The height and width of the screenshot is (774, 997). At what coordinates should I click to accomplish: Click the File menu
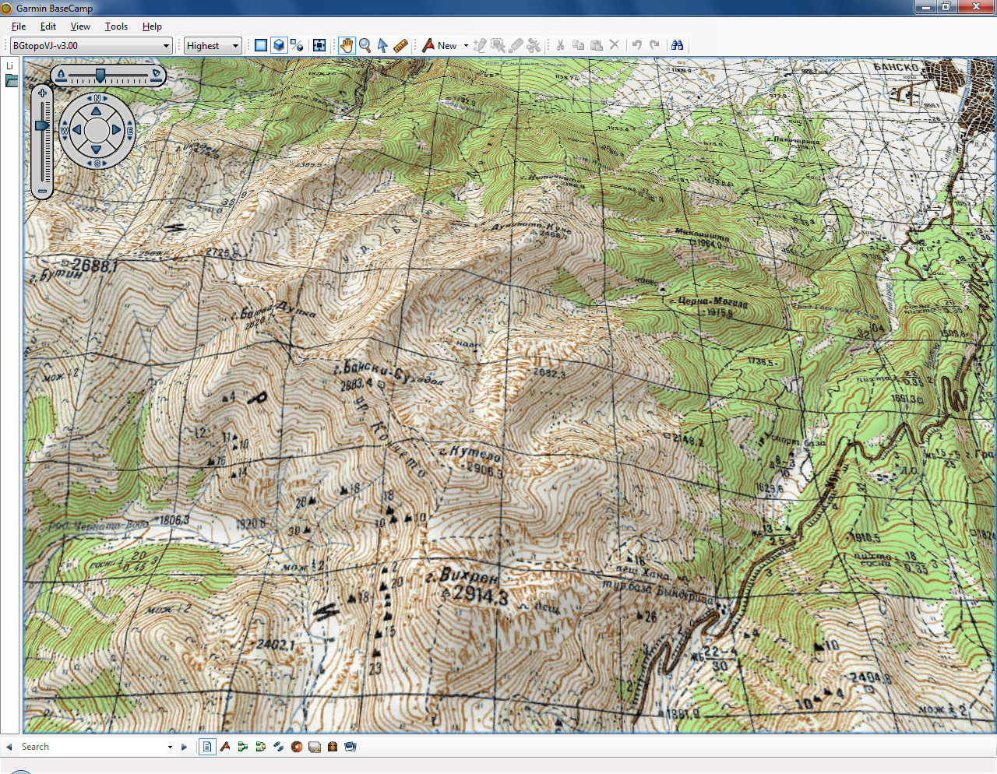coord(19,26)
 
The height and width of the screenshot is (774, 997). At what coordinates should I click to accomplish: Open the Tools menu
coord(116,26)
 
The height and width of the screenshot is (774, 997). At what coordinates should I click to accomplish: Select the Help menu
coord(152,26)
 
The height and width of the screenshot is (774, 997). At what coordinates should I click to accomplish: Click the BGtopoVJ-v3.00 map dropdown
coord(90,46)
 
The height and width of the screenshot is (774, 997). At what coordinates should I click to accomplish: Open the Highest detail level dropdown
coord(212,46)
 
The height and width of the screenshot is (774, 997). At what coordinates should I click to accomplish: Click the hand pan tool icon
coord(347,45)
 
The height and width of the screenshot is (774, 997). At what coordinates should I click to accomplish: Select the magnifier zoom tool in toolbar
coord(365,45)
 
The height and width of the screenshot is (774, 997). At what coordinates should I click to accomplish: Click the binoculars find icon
coord(678,45)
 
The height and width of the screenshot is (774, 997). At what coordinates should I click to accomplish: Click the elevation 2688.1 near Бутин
coord(93,266)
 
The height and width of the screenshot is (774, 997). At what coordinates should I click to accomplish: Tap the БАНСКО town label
coord(896,67)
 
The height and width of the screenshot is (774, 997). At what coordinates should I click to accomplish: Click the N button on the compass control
coord(97,98)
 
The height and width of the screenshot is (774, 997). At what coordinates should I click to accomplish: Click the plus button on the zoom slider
coord(43,93)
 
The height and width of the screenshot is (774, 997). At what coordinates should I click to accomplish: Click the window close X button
coord(977,7)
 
